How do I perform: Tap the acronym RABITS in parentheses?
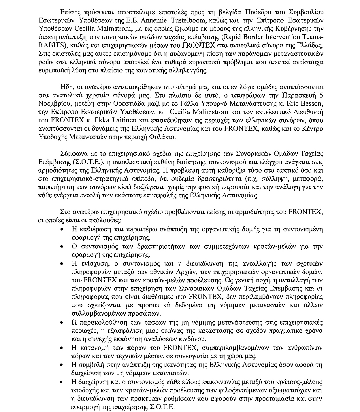point(49,46)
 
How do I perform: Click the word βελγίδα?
point(224,12)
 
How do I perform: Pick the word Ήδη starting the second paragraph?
point(65,87)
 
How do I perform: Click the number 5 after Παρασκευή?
point(321,95)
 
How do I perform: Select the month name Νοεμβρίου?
point(53,104)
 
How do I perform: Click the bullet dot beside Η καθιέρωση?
point(62,230)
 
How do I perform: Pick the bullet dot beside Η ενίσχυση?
point(62,264)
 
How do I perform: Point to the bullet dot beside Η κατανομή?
point(62,348)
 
